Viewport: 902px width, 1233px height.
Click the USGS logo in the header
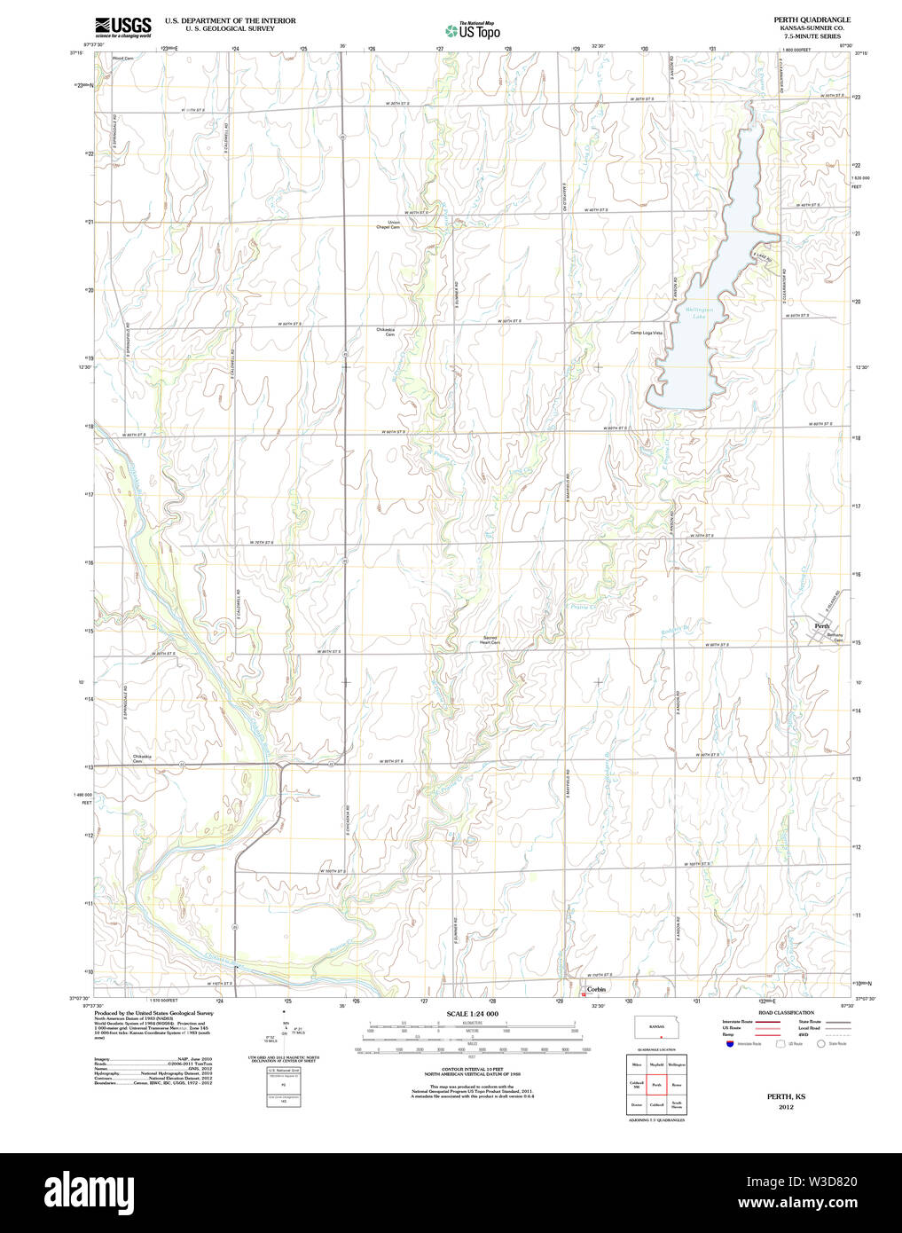pos(122,27)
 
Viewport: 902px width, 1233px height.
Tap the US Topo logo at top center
pos(473,31)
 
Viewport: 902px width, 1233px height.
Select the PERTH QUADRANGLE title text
pos(799,20)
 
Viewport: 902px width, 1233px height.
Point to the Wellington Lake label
pos(699,312)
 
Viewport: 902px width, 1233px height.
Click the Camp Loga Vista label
pos(646,333)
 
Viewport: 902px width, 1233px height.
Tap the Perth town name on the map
pos(822,626)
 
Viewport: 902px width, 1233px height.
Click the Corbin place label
pos(596,989)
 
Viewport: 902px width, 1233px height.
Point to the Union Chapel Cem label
pos(388,224)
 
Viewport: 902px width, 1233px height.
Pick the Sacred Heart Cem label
pos(490,640)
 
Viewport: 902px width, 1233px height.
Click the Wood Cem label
pos(122,59)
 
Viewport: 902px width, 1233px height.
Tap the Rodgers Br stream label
pos(675,632)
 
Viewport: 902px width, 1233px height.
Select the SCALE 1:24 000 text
pos(472,1014)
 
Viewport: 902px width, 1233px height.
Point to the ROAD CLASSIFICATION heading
pos(786,1012)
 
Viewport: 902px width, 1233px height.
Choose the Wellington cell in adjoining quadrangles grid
pos(677,1064)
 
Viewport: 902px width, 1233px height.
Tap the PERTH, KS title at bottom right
pos(786,1097)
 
